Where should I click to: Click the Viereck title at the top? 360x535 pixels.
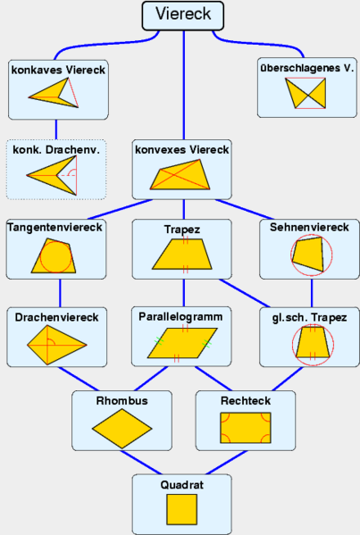pyautogui.click(x=183, y=14)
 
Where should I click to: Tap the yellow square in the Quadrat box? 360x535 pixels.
pyautogui.click(x=182, y=509)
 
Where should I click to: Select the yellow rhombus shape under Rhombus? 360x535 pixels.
pyautogui.click(x=121, y=429)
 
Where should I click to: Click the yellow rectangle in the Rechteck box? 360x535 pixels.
pyautogui.click(x=246, y=428)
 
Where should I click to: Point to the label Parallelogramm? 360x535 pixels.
pyautogui.click(x=180, y=317)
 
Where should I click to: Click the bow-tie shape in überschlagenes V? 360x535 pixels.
pyautogui.click(x=306, y=93)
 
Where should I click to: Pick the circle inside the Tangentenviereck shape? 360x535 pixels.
pyautogui.click(x=55, y=257)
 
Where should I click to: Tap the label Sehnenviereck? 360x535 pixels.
pyautogui.click(x=309, y=227)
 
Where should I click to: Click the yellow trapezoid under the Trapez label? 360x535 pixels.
pyautogui.click(x=182, y=254)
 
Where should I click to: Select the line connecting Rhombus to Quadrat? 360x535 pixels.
pyautogui.click(x=141, y=463)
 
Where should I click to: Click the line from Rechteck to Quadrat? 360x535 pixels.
pyautogui.click(x=227, y=463)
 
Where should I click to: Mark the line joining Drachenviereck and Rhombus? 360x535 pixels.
pyautogui.click(x=78, y=379)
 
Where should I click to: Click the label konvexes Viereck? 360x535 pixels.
pyautogui.click(x=182, y=150)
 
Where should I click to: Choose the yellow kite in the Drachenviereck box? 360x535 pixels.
pyautogui.click(x=56, y=345)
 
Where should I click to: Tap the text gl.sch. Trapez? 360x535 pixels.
pyautogui.click(x=309, y=318)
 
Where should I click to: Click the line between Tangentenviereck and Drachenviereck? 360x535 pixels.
pyautogui.click(x=61, y=293)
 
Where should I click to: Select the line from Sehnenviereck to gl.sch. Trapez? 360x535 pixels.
pyautogui.click(x=312, y=293)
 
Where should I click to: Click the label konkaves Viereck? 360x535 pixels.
pyautogui.click(x=58, y=70)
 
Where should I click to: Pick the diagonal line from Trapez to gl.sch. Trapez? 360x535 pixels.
pyautogui.click(x=245, y=293)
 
